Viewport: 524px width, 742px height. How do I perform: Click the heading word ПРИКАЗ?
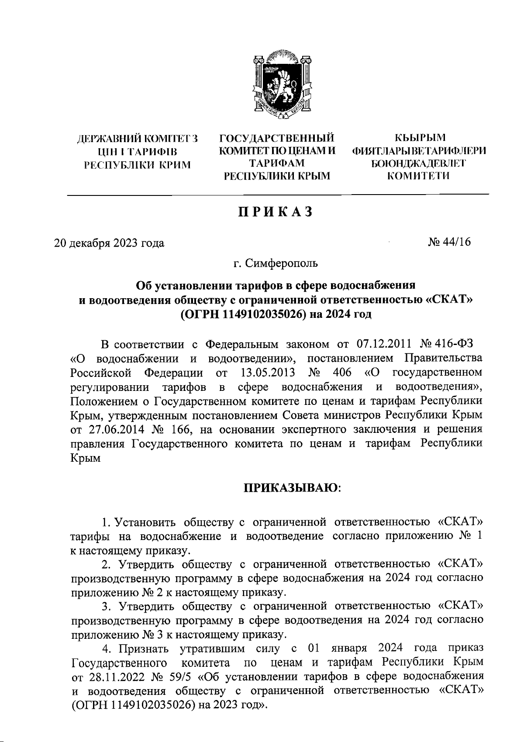point(276,211)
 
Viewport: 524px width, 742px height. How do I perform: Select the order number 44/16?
point(457,242)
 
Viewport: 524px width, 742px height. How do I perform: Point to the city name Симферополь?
point(281,264)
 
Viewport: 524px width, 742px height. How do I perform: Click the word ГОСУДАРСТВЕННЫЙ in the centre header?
point(276,139)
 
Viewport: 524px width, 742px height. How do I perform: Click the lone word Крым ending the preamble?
point(85,458)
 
